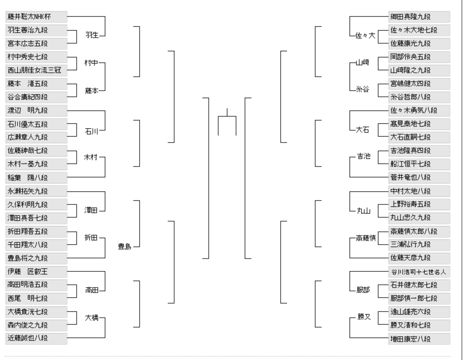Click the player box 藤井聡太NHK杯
36,17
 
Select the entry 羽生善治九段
36,30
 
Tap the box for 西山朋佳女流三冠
36,70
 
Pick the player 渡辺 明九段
36,110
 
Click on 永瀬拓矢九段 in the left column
36,191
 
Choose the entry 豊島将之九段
36,258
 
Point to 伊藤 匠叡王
36,271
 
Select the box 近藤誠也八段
36,338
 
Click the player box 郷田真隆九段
419,17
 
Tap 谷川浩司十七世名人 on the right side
419,272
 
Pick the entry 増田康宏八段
419,339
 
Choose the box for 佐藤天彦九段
419,258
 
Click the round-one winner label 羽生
92,35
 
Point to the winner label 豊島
124,247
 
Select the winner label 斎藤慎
366,238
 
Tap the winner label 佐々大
365,36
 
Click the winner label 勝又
364,317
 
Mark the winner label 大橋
92,318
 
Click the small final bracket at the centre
227,123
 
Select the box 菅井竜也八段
419,177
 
